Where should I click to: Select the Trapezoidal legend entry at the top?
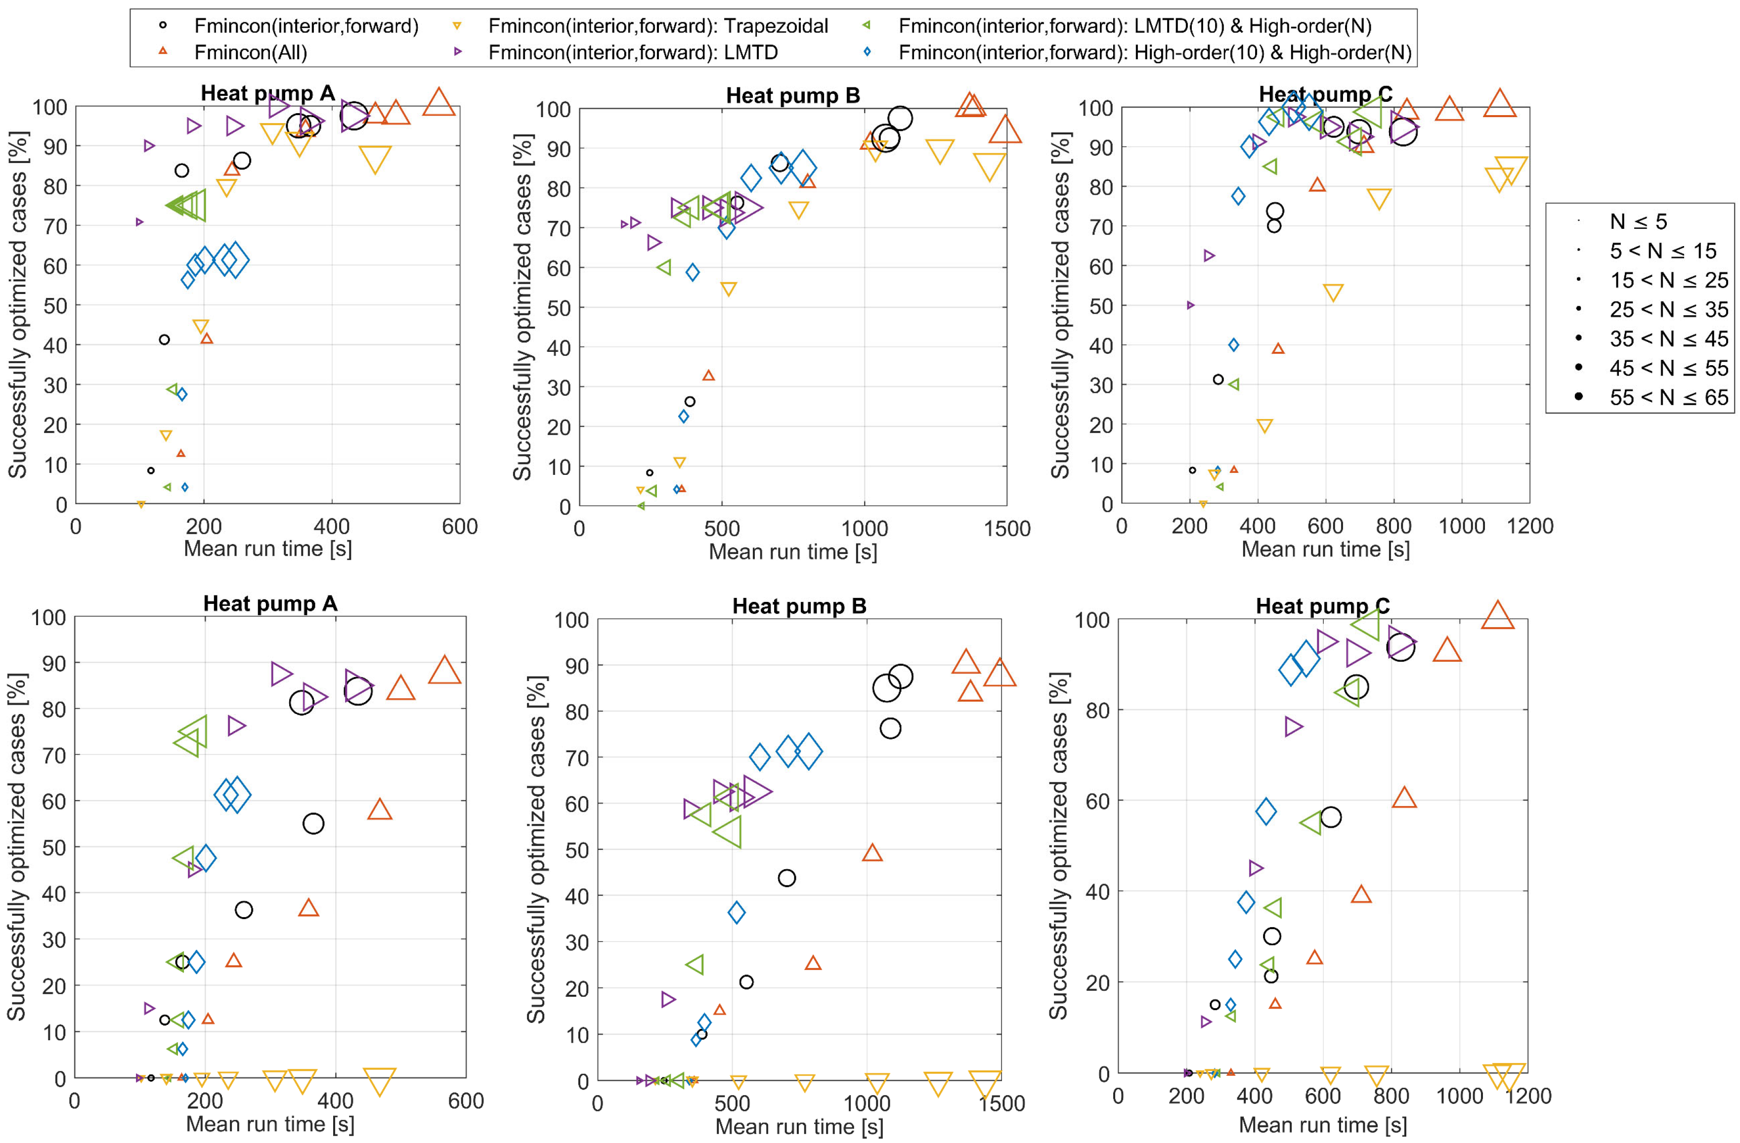click(x=657, y=26)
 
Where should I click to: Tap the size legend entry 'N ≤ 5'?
click(x=1638, y=221)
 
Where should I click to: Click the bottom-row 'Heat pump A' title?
click(x=270, y=604)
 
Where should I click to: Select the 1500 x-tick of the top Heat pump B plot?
click(x=1007, y=528)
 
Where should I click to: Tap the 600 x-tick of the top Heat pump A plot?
click(x=459, y=526)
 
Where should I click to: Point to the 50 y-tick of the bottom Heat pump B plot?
click(x=574, y=850)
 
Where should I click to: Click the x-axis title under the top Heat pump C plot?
click(x=1325, y=550)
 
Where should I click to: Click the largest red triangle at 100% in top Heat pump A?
click(x=438, y=102)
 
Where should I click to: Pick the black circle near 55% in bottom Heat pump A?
click(x=313, y=824)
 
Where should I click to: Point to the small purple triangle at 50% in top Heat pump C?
click(x=1190, y=305)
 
